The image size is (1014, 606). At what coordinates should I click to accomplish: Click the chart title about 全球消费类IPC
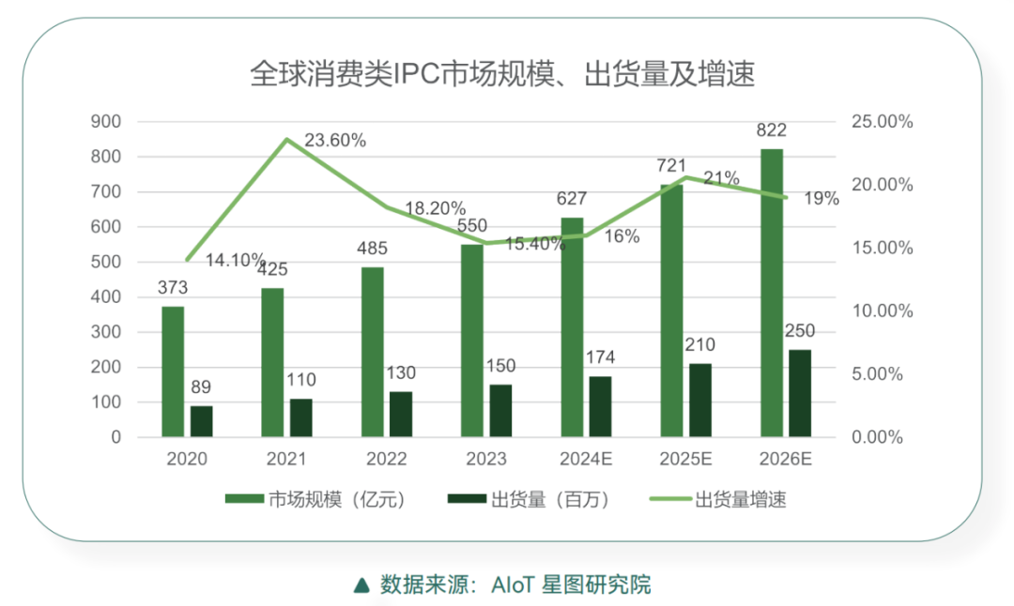(502, 74)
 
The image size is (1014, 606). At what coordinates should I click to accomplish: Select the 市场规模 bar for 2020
(173, 371)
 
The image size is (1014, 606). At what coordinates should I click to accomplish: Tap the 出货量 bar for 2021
(301, 417)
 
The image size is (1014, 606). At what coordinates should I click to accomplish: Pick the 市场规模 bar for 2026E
(772, 293)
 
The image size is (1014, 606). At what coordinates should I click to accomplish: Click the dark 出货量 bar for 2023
(500, 411)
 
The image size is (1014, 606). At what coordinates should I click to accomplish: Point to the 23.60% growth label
(334, 141)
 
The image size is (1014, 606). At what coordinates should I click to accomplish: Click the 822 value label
(771, 130)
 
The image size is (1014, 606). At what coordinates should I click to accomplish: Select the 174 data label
(600, 358)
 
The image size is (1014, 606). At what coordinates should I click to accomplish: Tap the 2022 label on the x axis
(387, 460)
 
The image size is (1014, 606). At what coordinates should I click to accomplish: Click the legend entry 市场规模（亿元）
(315, 500)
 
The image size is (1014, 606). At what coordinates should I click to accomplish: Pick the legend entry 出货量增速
(719, 500)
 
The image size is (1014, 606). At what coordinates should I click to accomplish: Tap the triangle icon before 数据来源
(361, 585)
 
